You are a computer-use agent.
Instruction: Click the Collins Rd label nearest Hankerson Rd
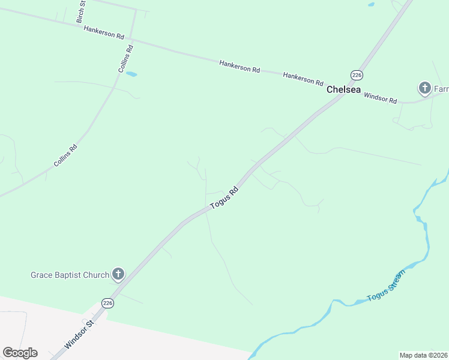[x=125, y=58]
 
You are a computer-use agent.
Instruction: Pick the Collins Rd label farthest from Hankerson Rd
[x=65, y=155]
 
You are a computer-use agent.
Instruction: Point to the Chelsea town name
[x=343, y=89]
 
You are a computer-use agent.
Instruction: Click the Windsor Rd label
[x=381, y=98]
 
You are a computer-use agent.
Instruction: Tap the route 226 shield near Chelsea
[x=357, y=74]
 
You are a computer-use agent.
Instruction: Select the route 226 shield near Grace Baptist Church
[x=107, y=303]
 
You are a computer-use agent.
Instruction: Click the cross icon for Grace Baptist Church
[x=118, y=275]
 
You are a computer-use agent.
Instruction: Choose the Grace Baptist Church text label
[x=70, y=275]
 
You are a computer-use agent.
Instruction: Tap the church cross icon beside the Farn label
[x=424, y=89]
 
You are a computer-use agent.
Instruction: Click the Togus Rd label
[x=224, y=198]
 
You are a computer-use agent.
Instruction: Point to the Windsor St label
[x=80, y=334]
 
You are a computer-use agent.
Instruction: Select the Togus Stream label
[x=386, y=285]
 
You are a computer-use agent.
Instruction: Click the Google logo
[x=20, y=353]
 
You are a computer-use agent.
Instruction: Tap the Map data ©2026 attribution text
[x=423, y=355]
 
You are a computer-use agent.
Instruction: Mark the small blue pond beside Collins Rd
[x=131, y=74]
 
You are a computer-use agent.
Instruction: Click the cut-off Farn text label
[x=441, y=89]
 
